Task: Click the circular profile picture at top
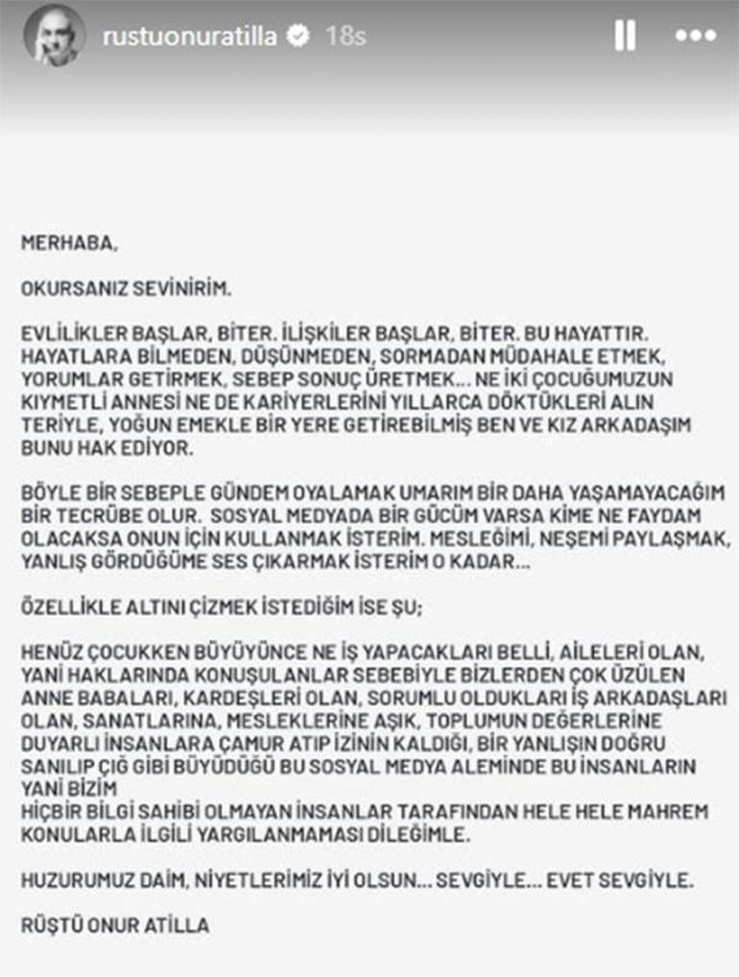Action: point(56,37)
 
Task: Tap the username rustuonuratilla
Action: point(190,37)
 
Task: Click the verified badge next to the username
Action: point(298,37)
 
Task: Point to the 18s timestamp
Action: point(345,37)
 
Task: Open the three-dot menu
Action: point(695,36)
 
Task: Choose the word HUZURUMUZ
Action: point(76,878)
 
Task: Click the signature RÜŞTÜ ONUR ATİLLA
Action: point(115,926)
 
